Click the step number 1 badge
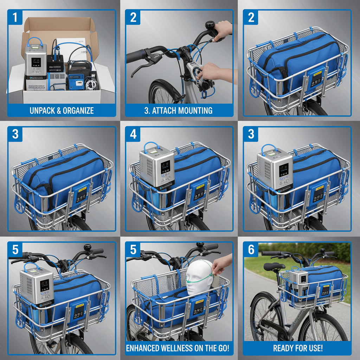[15, 17]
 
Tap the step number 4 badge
[133, 134]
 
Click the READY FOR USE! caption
[298, 349]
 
